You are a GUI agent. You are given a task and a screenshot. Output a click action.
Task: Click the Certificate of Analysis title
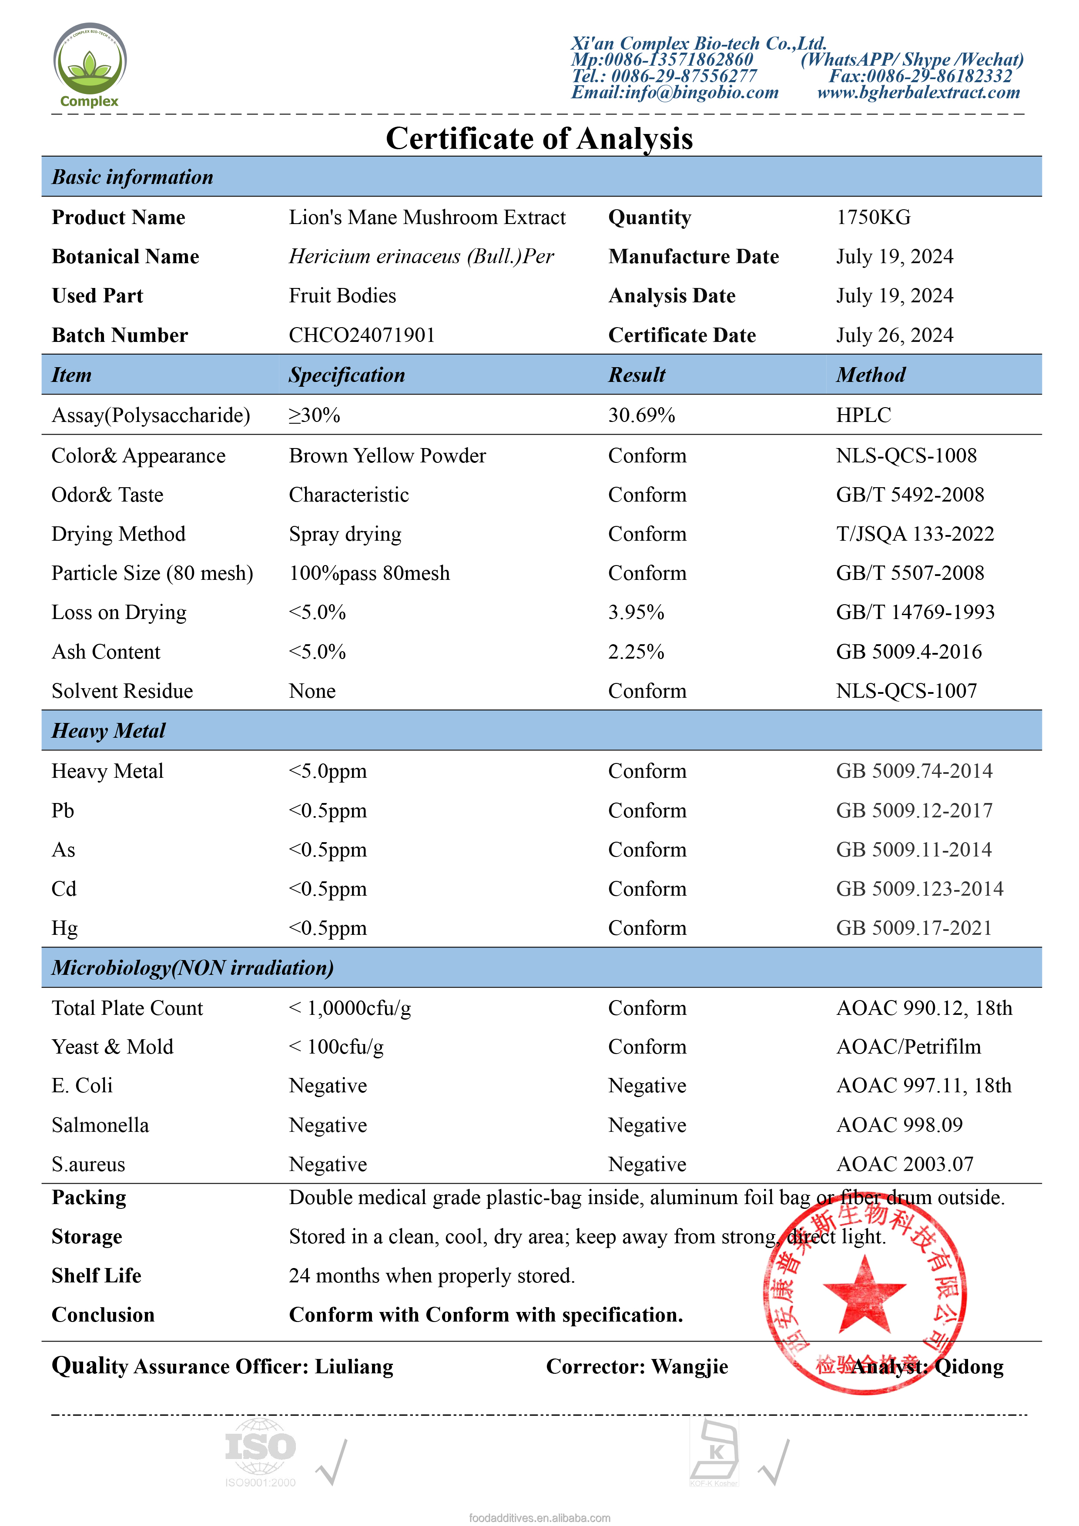coord(539,139)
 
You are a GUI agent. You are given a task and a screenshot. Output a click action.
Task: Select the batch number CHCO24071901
coord(362,335)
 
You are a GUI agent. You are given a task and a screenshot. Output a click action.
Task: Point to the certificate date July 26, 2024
coord(894,335)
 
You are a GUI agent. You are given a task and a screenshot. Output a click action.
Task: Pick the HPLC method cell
coord(863,415)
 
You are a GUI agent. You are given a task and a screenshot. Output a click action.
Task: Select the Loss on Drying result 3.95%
coord(636,612)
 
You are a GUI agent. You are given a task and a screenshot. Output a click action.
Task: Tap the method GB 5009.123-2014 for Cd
coord(919,889)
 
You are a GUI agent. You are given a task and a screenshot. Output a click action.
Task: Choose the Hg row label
coord(64,928)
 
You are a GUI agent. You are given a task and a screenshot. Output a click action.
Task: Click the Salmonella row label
coord(101,1125)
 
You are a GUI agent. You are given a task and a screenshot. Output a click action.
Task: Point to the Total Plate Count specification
coord(350,1008)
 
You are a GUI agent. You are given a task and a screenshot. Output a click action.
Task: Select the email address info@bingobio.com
coord(675,92)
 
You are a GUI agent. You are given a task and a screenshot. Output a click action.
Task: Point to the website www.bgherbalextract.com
coord(918,92)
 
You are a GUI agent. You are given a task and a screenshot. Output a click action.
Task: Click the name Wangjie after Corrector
coord(690,1366)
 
